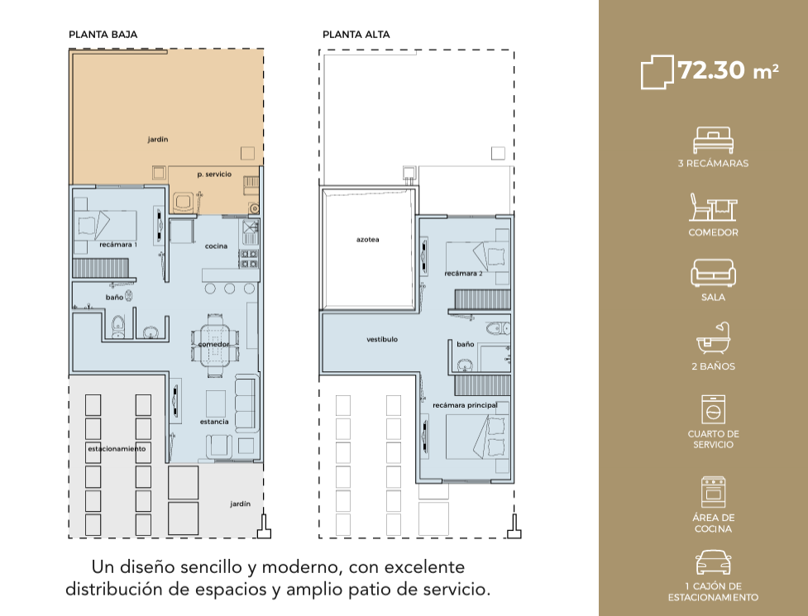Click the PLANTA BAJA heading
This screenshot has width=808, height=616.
tap(103, 35)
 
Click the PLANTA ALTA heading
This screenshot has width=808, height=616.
tap(356, 35)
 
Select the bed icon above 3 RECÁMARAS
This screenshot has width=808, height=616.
tap(713, 140)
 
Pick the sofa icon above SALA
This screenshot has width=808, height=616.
tap(713, 273)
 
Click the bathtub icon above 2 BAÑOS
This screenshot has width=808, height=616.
tap(713, 338)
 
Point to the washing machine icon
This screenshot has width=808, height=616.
tap(713, 409)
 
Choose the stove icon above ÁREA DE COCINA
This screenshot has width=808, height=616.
tap(713, 492)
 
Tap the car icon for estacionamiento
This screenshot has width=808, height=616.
tap(713, 562)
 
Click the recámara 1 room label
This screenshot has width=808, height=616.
tap(118, 245)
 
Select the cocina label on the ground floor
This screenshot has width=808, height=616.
tap(216, 246)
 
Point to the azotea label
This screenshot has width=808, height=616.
tap(367, 240)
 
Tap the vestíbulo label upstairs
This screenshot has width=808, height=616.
tap(382, 339)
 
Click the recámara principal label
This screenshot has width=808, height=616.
tap(465, 405)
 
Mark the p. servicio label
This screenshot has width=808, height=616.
tap(214, 174)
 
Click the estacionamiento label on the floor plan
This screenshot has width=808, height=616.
tap(117, 449)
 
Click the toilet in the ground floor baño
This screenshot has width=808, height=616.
tap(118, 327)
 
